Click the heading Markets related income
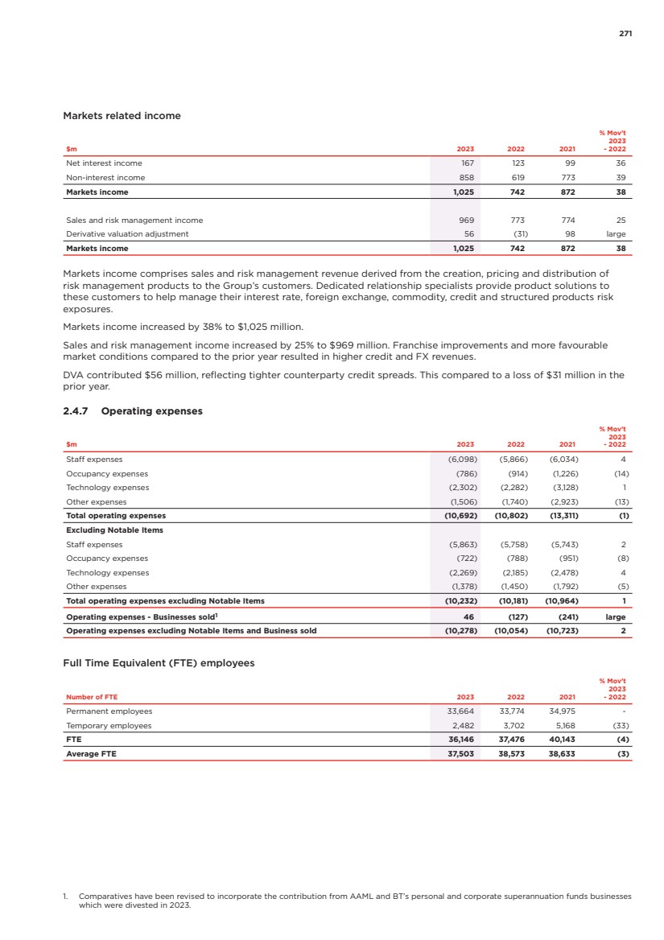coord(122,116)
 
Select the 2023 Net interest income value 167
coord(466,163)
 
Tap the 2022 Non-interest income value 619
coord(518,177)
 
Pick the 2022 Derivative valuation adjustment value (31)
coord(517,233)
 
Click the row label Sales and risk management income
coord(134,220)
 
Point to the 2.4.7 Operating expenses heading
coord(133,411)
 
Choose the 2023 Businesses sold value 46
coord(468,616)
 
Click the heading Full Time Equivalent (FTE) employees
coord(159,663)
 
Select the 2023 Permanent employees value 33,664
coord(460,711)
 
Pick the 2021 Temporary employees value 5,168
coord(563,725)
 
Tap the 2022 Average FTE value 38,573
coord(512,754)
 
